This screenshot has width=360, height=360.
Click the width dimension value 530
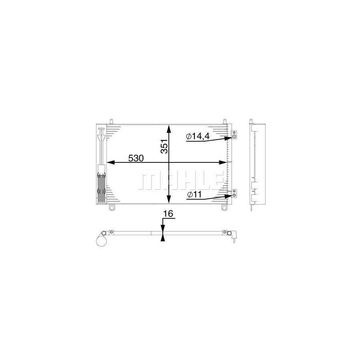(136, 158)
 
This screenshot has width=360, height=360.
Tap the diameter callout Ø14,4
(198, 136)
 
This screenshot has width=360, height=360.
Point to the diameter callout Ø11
(194, 194)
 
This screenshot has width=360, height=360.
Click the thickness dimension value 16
(168, 214)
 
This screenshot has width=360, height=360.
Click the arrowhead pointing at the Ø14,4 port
(229, 138)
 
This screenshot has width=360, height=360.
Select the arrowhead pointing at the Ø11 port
(229, 196)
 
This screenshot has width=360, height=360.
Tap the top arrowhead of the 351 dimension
(169, 129)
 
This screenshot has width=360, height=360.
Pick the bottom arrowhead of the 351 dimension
(169, 199)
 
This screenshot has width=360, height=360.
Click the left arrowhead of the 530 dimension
(111, 162)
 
